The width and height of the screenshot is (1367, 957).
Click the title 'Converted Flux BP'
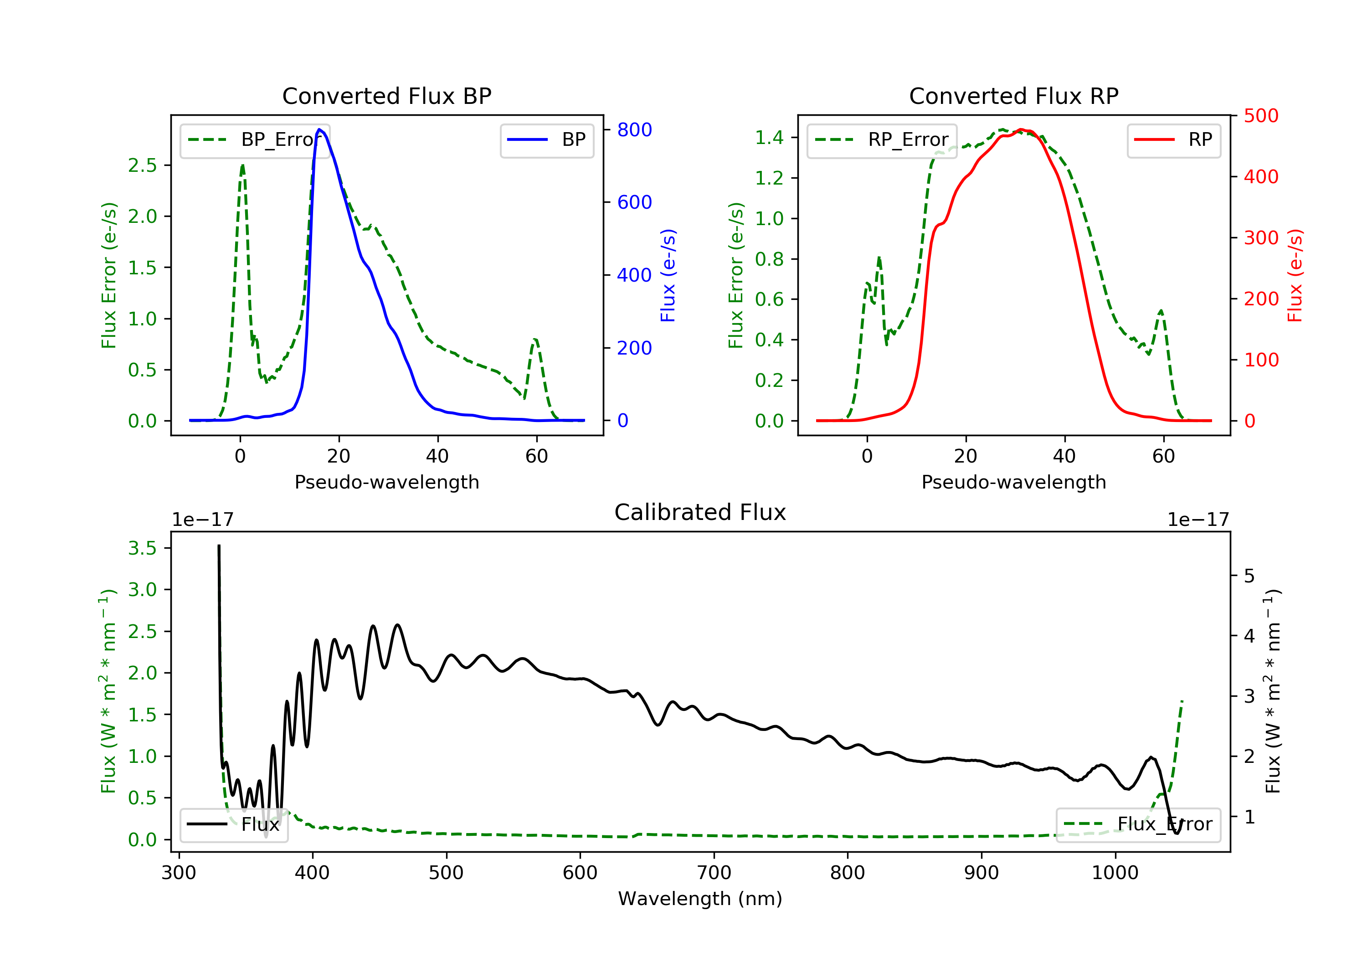click(x=386, y=96)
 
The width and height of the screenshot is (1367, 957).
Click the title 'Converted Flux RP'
click(x=1013, y=96)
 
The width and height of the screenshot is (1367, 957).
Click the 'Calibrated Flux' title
click(x=700, y=512)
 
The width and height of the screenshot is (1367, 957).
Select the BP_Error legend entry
click(x=255, y=140)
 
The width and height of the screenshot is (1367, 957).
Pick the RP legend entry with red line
click(x=1173, y=140)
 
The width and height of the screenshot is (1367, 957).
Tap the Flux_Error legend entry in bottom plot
click(x=1138, y=824)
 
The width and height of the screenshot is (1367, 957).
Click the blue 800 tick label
click(x=634, y=130)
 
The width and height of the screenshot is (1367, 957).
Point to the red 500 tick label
click(x=1261, y=116)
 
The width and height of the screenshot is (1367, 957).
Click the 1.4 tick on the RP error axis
click(x=769, y=138)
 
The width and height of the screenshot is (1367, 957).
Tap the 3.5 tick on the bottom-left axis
click(x=142, y=548)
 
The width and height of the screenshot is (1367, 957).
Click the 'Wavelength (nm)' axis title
click(x=700, y=898)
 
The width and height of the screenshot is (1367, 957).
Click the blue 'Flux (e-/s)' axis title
click(x=668, y=275)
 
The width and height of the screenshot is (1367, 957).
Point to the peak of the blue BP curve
click(x=320, y=129)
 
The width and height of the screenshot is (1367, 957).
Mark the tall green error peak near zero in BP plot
click(x=242, y=165)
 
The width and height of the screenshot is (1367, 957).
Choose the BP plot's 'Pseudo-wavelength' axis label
click(x=387, y=482)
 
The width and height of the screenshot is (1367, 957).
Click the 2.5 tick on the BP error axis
click(x=142, y=165)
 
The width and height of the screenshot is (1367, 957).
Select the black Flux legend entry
click(x=233, y=824)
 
